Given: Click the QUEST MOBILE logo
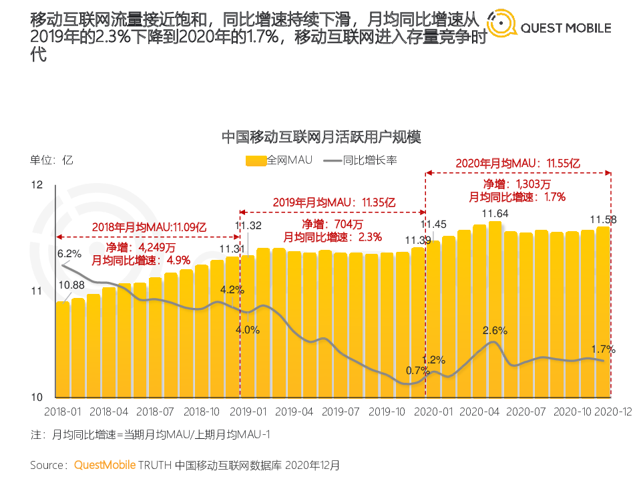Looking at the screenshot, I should (x=549, y=27).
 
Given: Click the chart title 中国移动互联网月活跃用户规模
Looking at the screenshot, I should (x=321, y=138).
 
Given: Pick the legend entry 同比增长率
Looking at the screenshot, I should (x=361, y=160).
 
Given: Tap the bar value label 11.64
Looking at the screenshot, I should (x=495, y=214).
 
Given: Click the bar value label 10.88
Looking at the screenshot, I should (x=71, y=285).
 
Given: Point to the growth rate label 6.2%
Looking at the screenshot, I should (x=69, y=254).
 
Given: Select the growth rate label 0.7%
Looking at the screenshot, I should (x=417, y=371).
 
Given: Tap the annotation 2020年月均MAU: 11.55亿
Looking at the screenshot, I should (x=517, y=163).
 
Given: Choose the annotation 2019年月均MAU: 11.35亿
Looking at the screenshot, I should (x=333, y=202).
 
